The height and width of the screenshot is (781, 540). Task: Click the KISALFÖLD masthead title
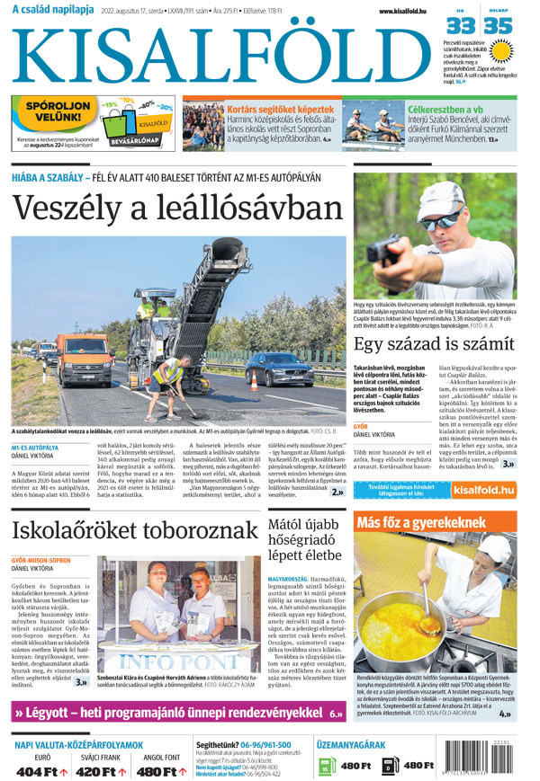pos(220,56)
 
